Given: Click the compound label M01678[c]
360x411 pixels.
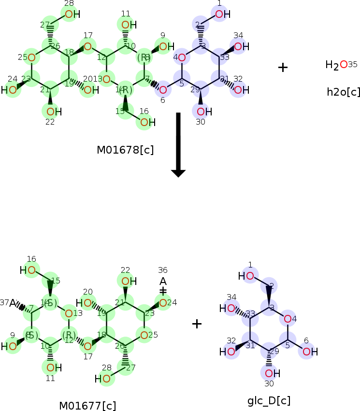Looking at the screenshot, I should pos(125,150).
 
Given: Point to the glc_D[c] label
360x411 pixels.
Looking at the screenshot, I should pos(269,401).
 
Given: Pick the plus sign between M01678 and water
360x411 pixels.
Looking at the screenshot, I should pos(283,67).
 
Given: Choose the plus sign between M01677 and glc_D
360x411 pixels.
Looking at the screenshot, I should pos(197,324).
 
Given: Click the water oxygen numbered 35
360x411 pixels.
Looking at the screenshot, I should pos(344,64).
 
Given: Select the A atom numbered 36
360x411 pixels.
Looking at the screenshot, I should pos(163,281).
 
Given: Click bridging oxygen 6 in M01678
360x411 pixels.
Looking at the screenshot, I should pos(163,89).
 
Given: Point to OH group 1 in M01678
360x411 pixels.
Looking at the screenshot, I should pos(220,14).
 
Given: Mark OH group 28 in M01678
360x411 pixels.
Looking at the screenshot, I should pos(71,14).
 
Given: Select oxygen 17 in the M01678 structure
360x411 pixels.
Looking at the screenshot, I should pos(87,46).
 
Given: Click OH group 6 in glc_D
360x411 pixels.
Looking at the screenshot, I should pos(307,351).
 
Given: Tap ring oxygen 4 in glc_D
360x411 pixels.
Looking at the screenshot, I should pos(288,319).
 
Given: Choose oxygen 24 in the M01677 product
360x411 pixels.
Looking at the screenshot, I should pos(163,303).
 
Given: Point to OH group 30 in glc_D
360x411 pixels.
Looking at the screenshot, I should pos(272,373).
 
